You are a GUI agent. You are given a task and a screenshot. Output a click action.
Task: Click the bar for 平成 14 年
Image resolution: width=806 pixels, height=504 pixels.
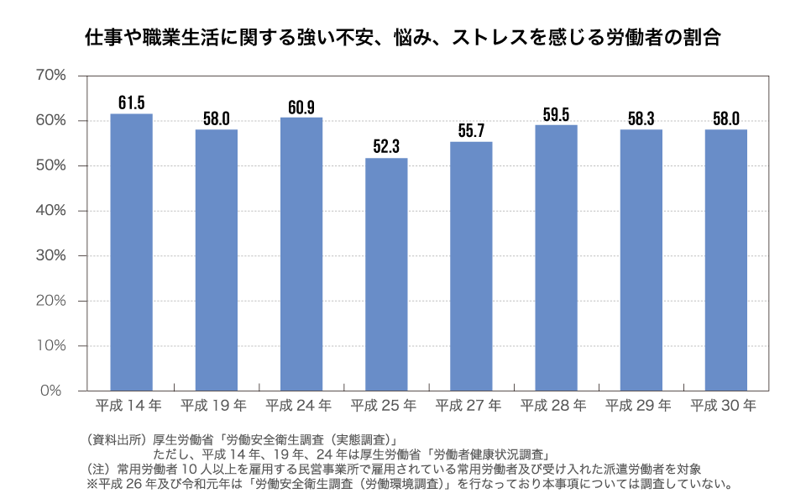click(131, 252)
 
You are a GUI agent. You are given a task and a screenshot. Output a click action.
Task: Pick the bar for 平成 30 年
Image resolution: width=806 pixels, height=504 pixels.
click(725, 260)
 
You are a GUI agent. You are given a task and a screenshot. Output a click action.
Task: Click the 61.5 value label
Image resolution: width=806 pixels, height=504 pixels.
click(131, 103)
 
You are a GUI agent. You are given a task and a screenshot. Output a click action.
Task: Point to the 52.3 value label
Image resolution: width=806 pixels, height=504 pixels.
click(386, 147)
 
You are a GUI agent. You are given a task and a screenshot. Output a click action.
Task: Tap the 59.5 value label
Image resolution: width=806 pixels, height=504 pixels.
click(556, 114)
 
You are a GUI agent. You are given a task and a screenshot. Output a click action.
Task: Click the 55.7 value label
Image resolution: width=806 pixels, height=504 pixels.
click(471, 131)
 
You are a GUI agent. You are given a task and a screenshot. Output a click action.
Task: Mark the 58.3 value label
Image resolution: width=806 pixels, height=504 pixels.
click(641, 118)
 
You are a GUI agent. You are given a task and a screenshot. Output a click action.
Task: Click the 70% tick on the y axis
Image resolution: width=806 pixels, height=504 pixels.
click(51, 76)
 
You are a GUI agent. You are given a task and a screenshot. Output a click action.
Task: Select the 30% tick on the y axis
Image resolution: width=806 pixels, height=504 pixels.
click(51, 255)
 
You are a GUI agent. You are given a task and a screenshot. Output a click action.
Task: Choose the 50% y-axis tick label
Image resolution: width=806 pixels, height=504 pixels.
click(51, 165)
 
